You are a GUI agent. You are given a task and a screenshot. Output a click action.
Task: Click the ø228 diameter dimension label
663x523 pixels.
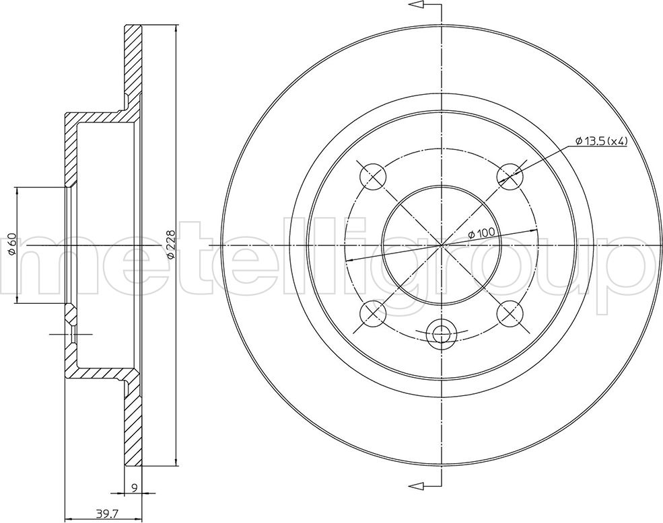[x=170, y=244]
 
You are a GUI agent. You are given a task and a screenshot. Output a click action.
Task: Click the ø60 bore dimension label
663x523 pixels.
[x=12, y=244]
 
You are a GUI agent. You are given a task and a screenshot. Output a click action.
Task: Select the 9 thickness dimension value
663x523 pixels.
[x=134, y=487]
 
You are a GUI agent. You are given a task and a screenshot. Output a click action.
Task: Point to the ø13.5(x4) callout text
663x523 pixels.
[x=600, y=141]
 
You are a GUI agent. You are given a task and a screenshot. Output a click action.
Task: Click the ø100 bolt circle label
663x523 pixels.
[x=481, y=233]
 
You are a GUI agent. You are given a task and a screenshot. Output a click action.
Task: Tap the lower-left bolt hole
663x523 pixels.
[x=373, y=313]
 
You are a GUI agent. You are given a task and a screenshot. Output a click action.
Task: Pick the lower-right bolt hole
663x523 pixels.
[x=510, y=313]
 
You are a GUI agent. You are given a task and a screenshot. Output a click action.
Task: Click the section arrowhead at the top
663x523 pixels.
[x=415, y=5]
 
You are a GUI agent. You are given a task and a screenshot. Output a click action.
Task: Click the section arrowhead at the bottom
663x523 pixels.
[x=415, y=486]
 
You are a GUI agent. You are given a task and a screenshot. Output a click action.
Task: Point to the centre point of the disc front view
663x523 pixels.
[x=442, y=245]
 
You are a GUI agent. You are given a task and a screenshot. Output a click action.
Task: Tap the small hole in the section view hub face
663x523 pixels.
[x=71, y=333]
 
